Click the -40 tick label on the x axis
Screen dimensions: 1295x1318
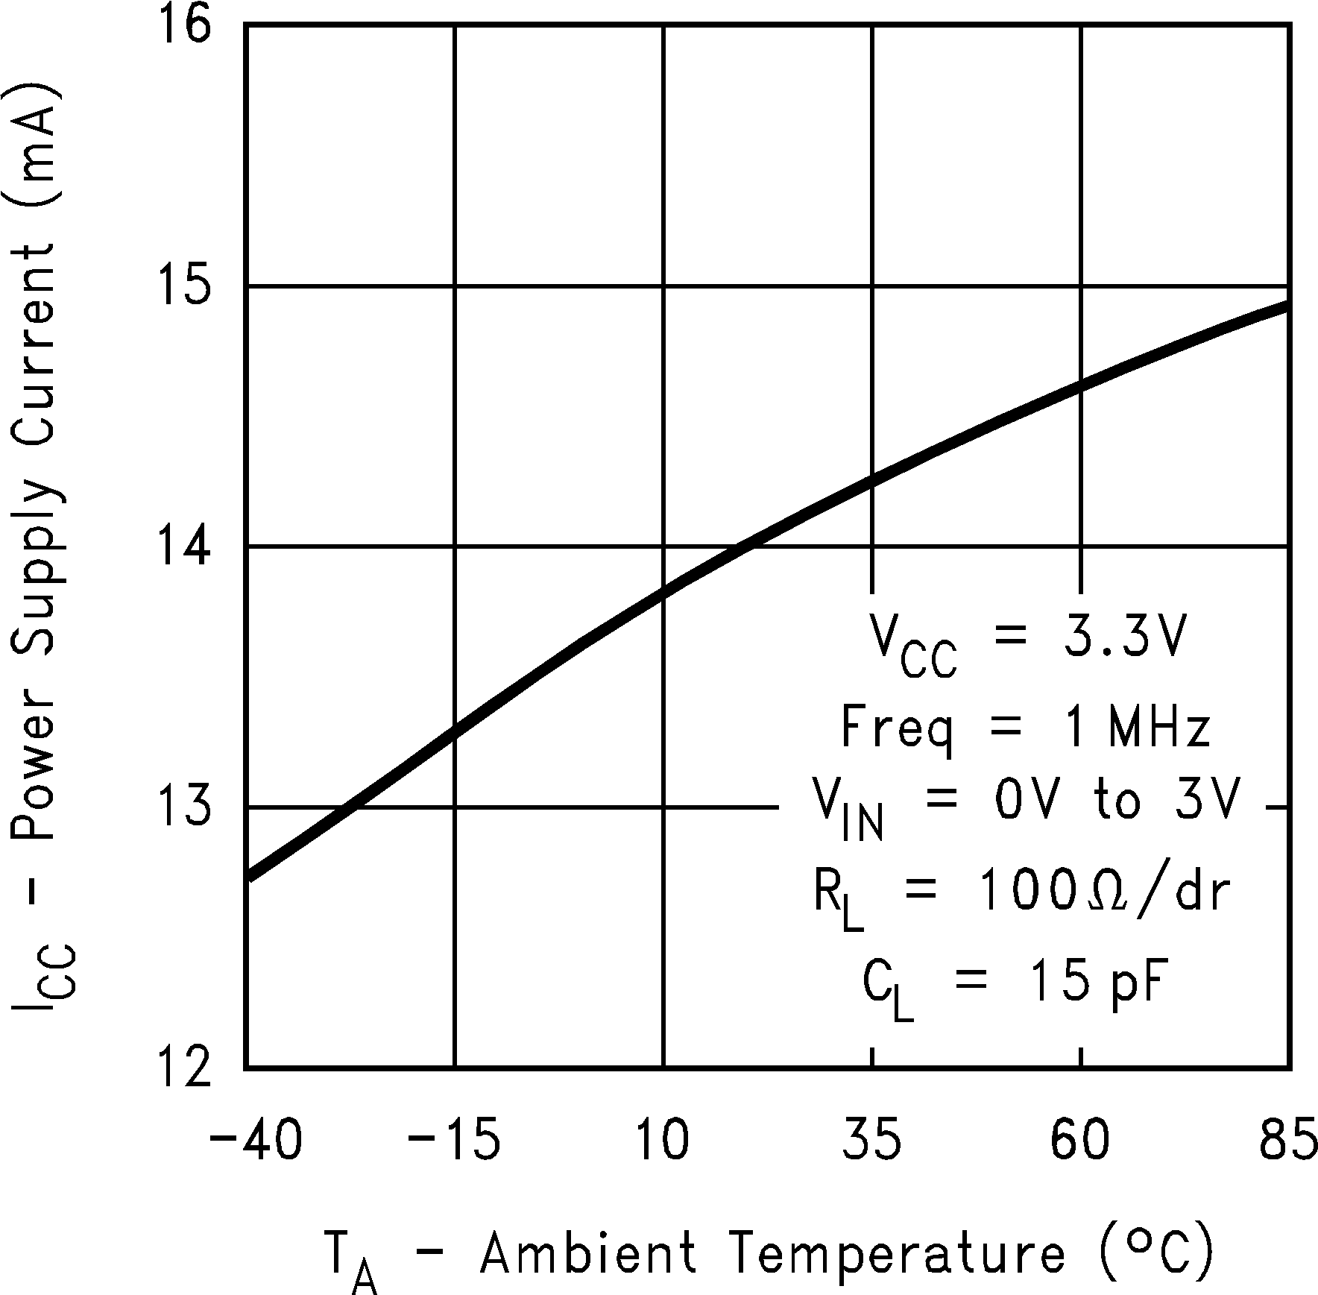256,1141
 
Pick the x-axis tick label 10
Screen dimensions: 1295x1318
662,1141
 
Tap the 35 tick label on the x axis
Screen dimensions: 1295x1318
872,1141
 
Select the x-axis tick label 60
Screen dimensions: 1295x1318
1080,1141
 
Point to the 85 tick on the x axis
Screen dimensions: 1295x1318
1288,1141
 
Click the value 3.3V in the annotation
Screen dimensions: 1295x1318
1123,636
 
